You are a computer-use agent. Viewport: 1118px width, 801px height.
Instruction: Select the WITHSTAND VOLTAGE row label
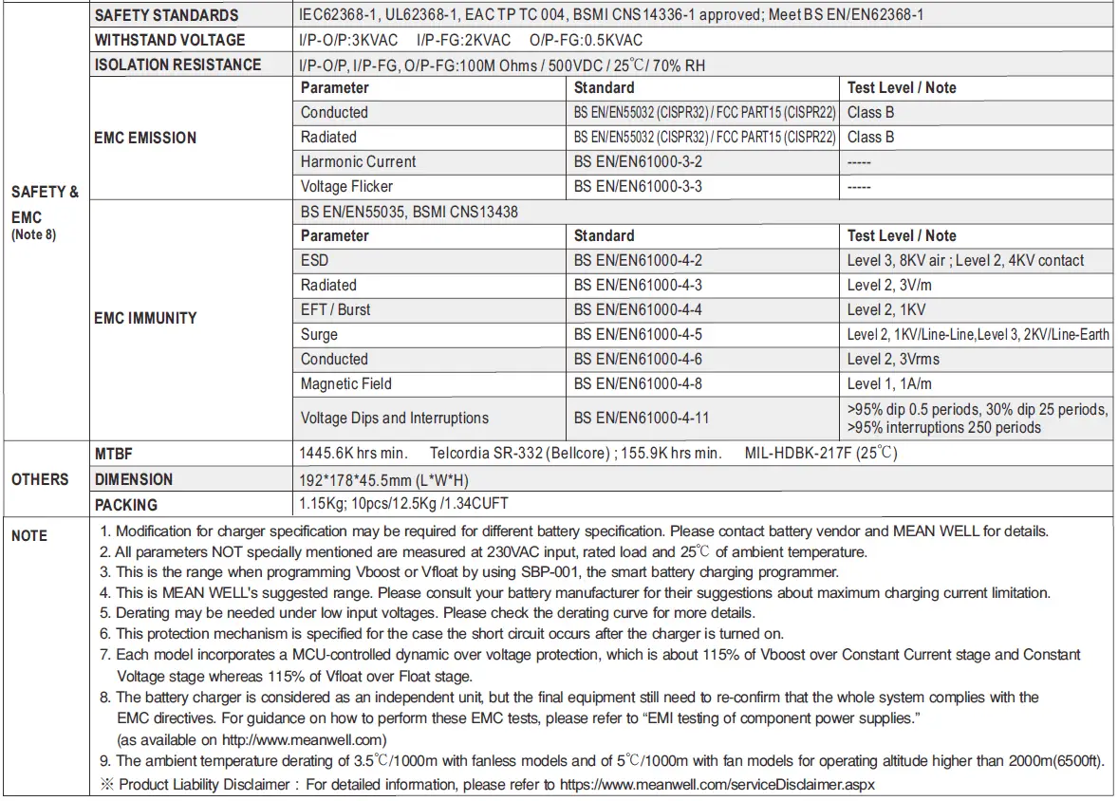(x=169, y=40)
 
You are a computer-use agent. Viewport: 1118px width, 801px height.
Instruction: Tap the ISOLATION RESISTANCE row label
(x=177, y=65)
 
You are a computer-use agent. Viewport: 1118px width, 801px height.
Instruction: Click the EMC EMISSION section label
(x=145, y=138)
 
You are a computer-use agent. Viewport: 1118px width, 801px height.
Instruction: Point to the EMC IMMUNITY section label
(x=145, y=318)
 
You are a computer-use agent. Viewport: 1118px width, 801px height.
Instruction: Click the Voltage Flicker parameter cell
(x=346, y=186)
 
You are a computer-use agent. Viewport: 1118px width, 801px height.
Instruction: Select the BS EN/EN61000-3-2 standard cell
(x=638, y=161)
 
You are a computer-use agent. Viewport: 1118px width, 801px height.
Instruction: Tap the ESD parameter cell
(x=314, y=260)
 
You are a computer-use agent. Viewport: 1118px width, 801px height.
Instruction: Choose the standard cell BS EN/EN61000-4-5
(x=638, y=334)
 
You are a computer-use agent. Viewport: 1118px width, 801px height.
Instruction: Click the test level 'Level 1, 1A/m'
(x=889, y=383)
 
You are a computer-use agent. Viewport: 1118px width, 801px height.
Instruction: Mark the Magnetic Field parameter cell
(x=345, y=383)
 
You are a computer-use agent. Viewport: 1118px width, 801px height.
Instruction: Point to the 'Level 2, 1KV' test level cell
(x=886, y=309)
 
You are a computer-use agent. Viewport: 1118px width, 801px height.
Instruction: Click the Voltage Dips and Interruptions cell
(x=394, y=418)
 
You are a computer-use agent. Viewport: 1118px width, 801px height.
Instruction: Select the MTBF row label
(x=113, y=454)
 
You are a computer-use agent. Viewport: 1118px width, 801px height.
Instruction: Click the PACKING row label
(x=126, y=505)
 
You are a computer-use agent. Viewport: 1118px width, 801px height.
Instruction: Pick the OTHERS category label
(x=40, y=479)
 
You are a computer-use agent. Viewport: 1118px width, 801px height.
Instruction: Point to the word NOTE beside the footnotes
(x=29, y=536)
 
